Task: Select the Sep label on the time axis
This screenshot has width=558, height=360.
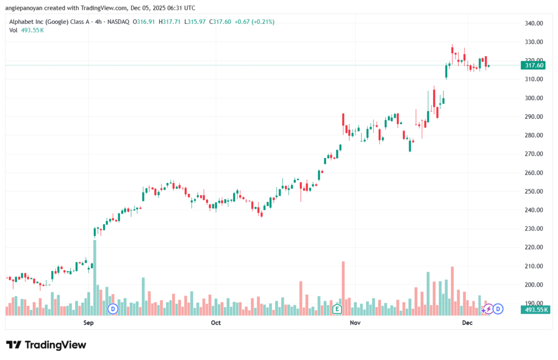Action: [x=89, y=323]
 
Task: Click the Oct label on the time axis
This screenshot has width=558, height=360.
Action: [x=216, y=323]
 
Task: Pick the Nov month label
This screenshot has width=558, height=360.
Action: [x=355, y=323]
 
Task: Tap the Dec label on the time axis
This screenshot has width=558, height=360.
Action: [x=467, y=323]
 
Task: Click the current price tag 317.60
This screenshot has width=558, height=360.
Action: [x=533, y=65]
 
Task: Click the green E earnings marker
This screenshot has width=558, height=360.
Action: [x=337, y=309]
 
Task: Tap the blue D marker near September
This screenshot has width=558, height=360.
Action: [x=113, y=309]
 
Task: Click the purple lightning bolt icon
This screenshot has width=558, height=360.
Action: [x=488, y=309]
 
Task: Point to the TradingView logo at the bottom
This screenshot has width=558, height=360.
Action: [x=46, y=345]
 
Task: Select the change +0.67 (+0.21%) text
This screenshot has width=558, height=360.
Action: [x=253, y=22]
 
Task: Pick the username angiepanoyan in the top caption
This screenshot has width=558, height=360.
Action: [x=27, y=8]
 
